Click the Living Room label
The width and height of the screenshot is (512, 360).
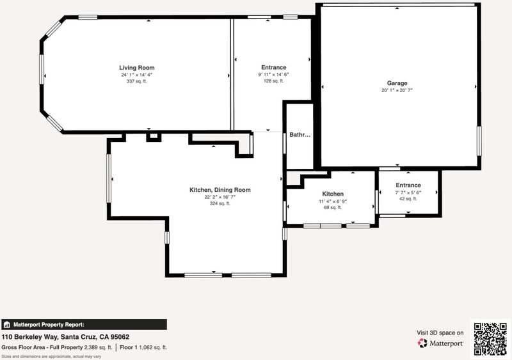point(137,68)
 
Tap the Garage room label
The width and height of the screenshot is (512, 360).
point(397,83)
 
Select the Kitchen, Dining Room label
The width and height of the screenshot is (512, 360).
point(220,190)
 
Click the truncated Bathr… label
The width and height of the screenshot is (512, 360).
point(300,135)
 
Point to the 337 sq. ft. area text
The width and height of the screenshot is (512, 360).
point(137,81)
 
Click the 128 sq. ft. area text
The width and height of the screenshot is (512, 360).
point(274,81)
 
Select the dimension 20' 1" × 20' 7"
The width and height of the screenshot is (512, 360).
point(397,90)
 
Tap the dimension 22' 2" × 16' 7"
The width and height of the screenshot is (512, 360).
point(220,197)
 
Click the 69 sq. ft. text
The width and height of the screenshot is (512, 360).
point(333,208)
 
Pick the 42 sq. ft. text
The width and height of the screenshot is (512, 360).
point(408,199)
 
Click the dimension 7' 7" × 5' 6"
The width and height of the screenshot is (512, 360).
point(408,192)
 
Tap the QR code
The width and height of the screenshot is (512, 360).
point(490,339)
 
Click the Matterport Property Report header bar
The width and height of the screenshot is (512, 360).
point(84,325)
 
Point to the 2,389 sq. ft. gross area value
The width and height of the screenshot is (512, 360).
point(98,348)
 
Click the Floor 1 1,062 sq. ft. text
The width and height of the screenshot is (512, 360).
point(143,348)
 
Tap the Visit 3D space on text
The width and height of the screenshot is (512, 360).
point(440,333)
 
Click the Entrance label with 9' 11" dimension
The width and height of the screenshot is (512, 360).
point(274,68)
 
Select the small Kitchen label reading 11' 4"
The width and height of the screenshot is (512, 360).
point(333,194)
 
